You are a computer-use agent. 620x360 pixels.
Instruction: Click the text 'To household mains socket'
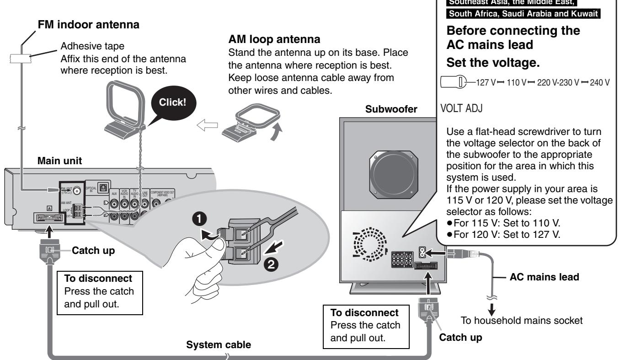click(x=521, y=321)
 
